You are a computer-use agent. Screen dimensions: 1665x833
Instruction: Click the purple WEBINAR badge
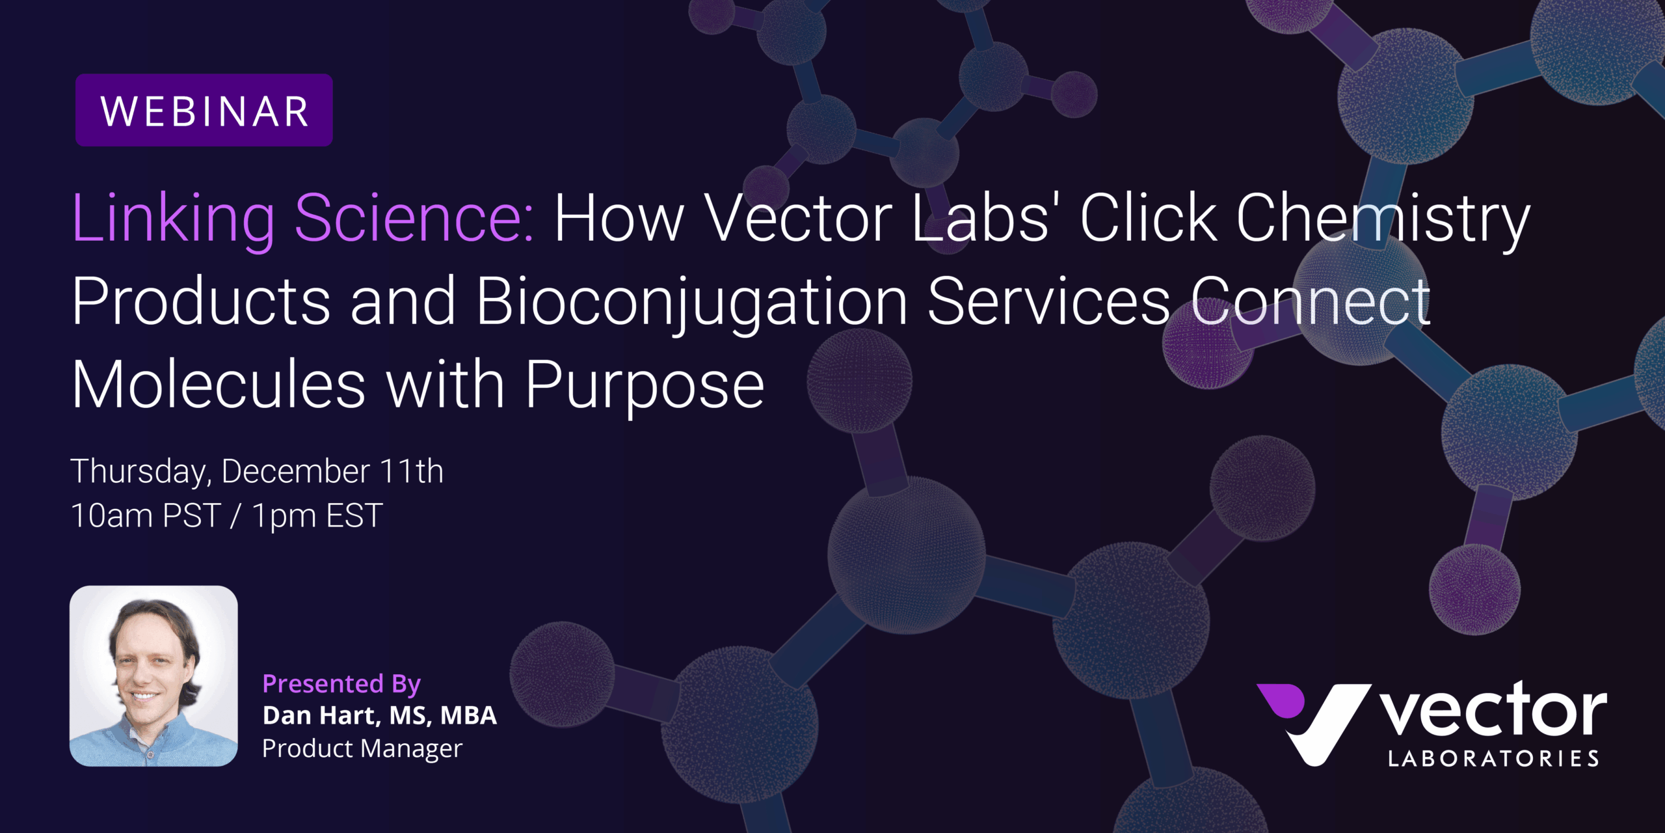[x=204, y=110]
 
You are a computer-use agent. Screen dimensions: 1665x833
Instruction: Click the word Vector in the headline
[x=799, y=219]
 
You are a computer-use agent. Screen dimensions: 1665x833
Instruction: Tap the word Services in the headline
[x=1049, y=301]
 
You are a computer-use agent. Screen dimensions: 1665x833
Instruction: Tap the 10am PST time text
[x=146, y=515]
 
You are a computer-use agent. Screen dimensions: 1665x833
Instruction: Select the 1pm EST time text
[x=317, y=516]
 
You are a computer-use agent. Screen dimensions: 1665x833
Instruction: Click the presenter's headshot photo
[x=153, y=676]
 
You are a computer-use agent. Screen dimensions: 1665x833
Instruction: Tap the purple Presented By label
[x=341, y=684]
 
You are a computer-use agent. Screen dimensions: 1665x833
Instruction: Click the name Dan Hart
[x=319, y=716]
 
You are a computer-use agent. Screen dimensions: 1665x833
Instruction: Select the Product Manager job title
[x=362, y=749]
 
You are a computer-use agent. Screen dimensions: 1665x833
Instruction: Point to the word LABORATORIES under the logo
[x=1493, y=759]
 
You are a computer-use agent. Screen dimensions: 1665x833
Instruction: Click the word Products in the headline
[x=201, y=301]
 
